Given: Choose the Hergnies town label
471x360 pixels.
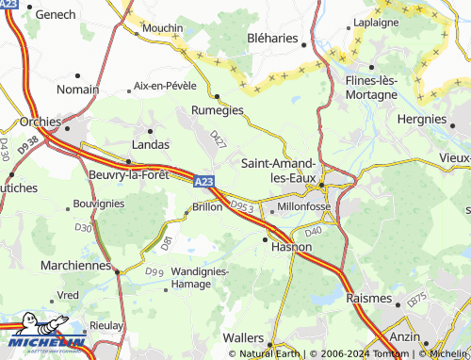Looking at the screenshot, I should (x=421, y=120).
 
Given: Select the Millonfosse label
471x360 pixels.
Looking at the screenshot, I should (x=303, y=205).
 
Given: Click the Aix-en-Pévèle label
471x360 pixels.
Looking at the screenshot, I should (x=166, y=86).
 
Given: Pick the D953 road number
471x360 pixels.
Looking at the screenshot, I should (x=242, y=205).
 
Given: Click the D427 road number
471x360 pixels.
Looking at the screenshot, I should (x=219, y=139).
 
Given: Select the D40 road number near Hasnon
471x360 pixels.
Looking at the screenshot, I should (x=314, y=230).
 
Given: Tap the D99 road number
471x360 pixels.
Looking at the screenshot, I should (x=154, y=271).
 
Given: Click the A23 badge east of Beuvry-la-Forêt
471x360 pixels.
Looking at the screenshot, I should (x=204, y=180).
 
